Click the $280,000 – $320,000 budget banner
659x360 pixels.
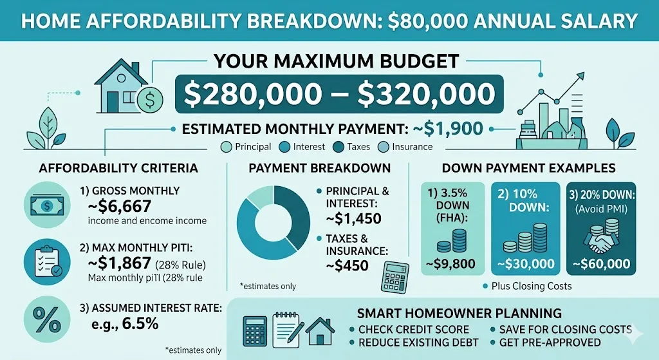(340, 95)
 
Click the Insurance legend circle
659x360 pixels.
(383, 147)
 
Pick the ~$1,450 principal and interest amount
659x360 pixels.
(354, 219)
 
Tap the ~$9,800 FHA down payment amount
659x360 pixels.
(450, 263)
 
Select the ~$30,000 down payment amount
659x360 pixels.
(521, 263)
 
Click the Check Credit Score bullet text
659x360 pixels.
(414, 330)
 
